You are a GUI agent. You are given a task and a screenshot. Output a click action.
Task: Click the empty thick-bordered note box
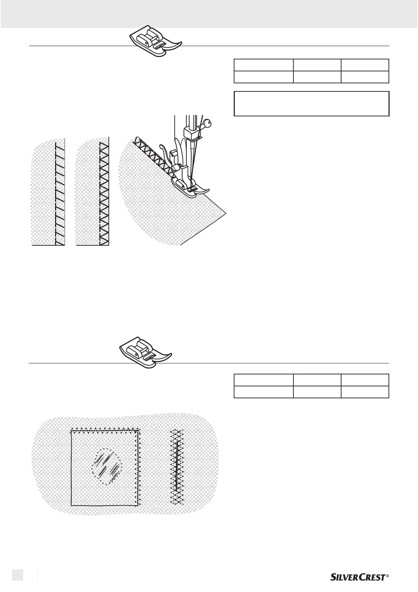[311, 104]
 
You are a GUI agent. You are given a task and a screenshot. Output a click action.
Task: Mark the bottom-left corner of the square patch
[72, 505]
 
